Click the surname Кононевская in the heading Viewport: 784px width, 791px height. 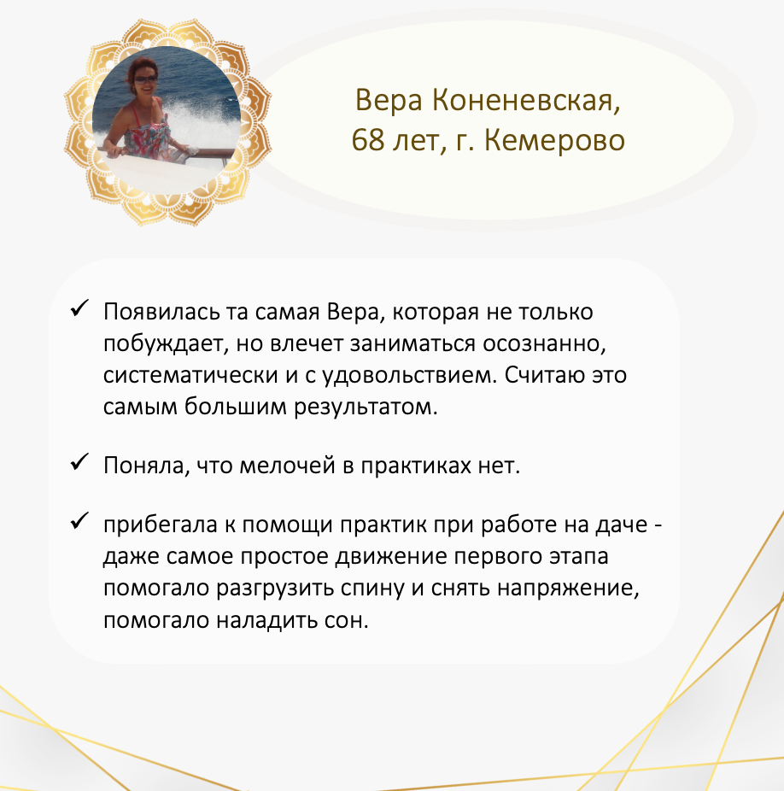pyautogui.click(x=525, y=100)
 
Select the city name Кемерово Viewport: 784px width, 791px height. pyautogui.click(x=554, y=140)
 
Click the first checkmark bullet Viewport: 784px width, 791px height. pyautogui.click(x=79, y=308)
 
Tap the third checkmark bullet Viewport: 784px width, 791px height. pyautogui.click(x=79, y=520)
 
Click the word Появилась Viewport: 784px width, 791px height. pyautogui.click(x=161, y=312)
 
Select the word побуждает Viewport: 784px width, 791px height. pyautogui.click(x=162, y=344)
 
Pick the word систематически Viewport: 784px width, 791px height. pyautogui.click(x=190, y=375)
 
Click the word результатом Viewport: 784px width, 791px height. pyautogui.click(x=366, y=407)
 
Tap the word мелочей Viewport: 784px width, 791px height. pyautogui.click(x=287, y=465)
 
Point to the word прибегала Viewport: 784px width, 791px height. pyautogui.click(x=161, y=524)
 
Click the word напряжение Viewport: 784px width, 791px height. pyautogui.click(x=568, y=589)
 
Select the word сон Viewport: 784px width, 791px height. pyautogui.click(x=347, y=620)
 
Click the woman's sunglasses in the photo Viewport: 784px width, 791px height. pyautogui.click(x=144, y=79)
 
